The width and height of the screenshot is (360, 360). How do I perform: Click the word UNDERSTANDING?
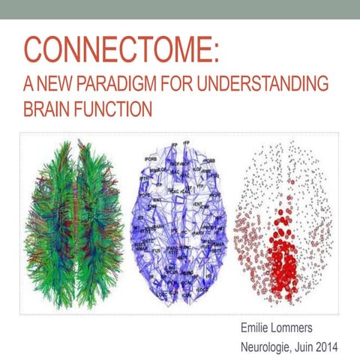[263, 85]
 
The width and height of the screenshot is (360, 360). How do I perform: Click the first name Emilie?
[256, 328]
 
